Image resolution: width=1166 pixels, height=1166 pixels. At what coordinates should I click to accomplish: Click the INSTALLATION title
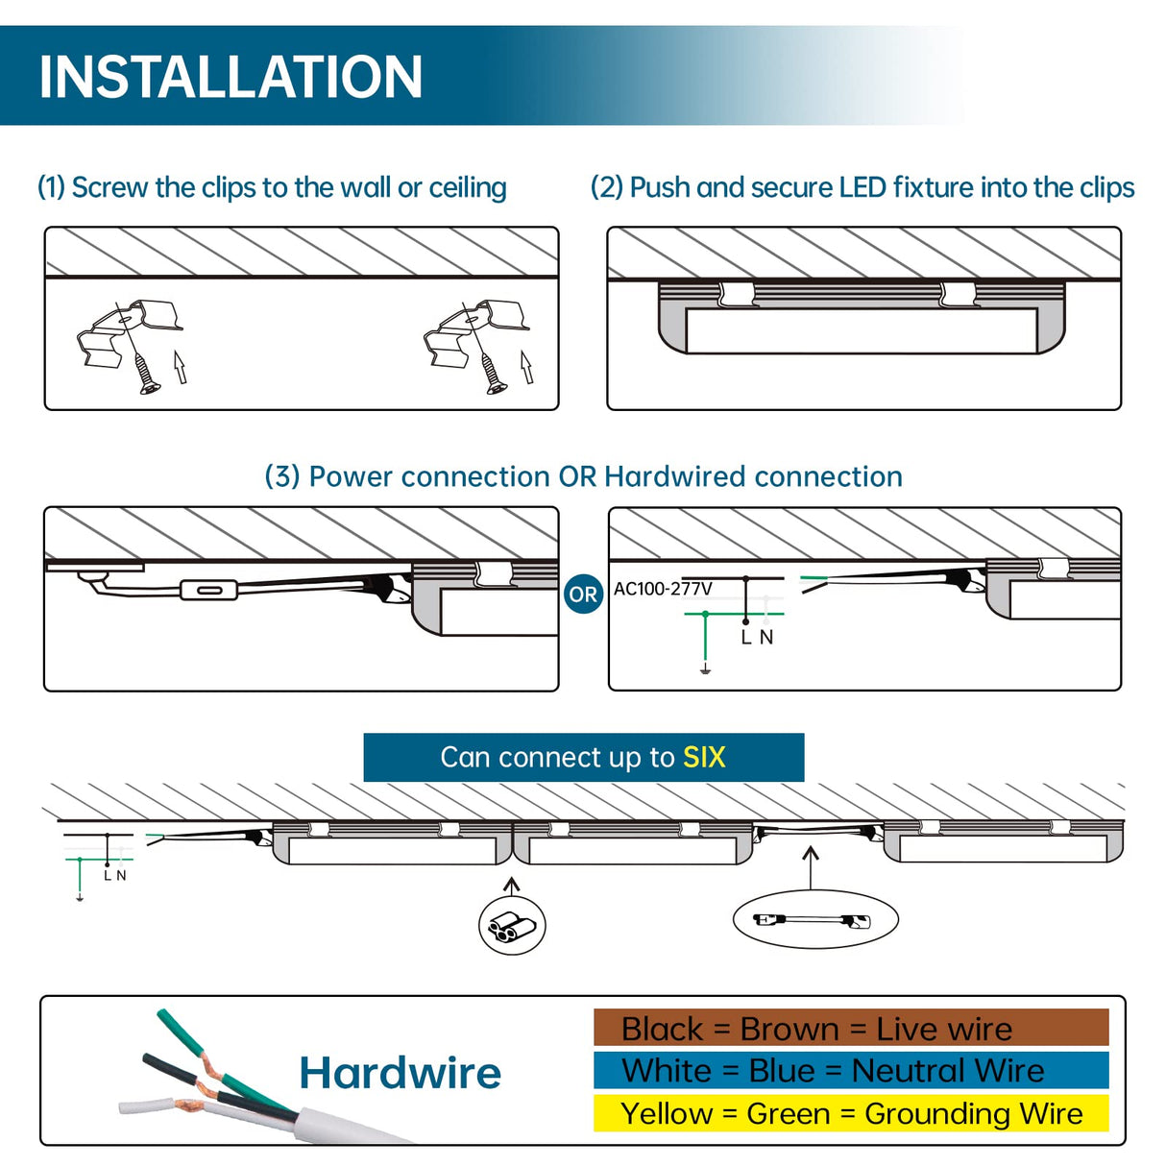click(231, 77)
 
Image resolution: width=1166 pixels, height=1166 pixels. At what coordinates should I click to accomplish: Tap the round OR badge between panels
click(583, 594)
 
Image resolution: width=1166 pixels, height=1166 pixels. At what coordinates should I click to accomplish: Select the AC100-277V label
click(663, 589)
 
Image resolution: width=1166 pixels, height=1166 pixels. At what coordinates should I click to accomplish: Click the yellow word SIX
click(704, 758)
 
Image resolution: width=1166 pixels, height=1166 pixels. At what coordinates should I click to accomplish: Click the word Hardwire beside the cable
click(400, 1073)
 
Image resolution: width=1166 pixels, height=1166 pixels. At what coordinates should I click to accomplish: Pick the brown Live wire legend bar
click(851, 1028)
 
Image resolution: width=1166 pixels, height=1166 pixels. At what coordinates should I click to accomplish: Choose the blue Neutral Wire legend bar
click(851, 1070)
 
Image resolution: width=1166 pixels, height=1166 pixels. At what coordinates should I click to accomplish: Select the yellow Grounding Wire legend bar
click(851, 1113)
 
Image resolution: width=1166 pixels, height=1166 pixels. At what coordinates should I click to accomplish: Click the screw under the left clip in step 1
click(146, 375)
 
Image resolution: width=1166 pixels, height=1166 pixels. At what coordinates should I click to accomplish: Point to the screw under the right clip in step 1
click(492, 375)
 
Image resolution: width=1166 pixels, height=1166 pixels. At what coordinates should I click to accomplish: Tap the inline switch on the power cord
click(208, 590)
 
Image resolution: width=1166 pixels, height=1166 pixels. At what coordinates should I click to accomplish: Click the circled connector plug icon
click(512, 927)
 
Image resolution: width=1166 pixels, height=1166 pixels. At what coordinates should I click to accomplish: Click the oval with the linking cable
click(814, 920)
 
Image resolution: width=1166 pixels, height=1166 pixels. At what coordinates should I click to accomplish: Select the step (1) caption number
click(51, 187)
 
